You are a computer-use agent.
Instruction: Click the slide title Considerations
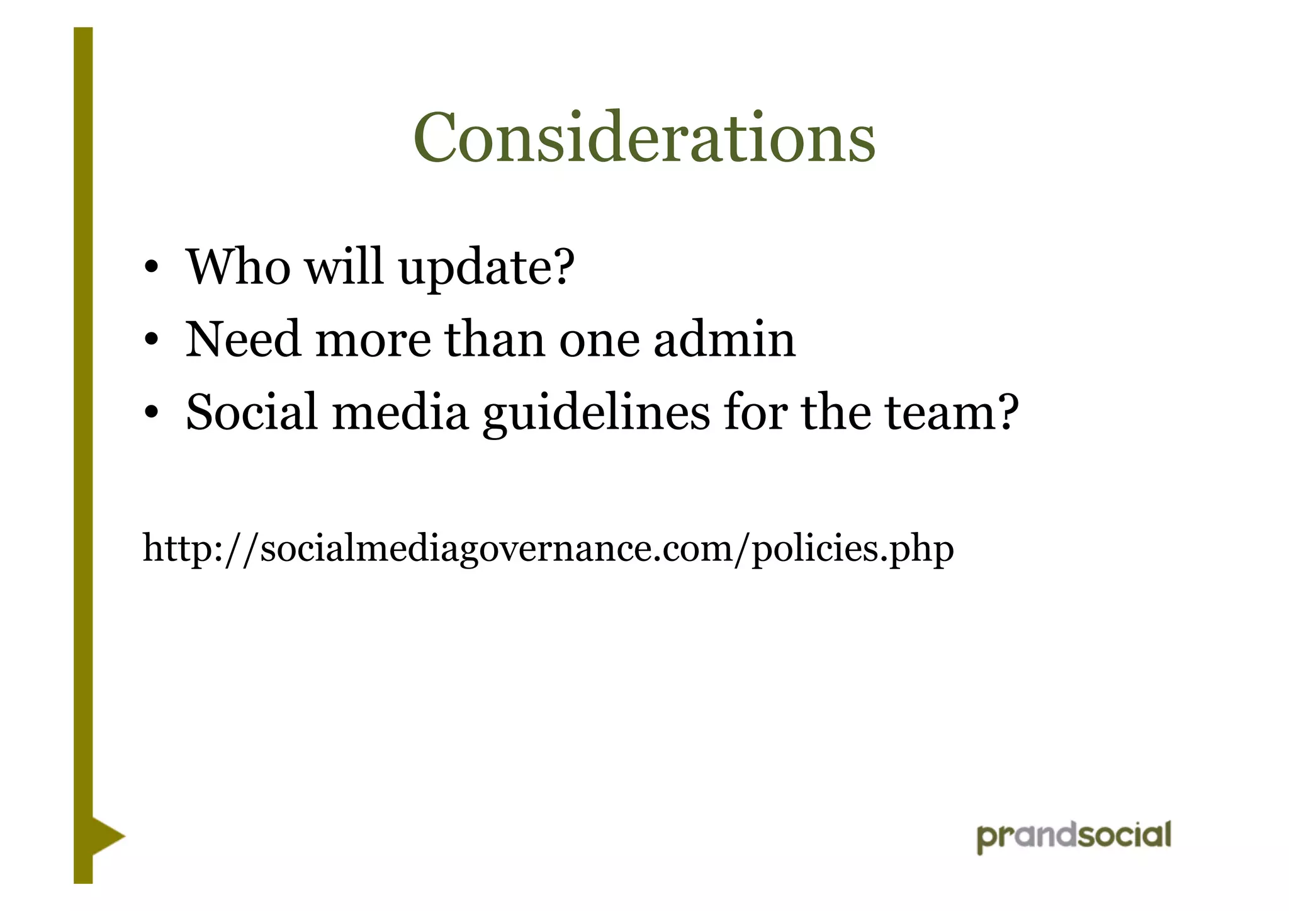pyautogui.click(x=644, y=138)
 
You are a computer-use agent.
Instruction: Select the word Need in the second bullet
pyautogui.click(x=243, y=339)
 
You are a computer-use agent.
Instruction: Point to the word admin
pyautogui.click(x=724, y=339)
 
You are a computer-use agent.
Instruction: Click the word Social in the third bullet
pyautogui.click(x=252, y=412)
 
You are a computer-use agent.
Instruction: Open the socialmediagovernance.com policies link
pyautogui.click(x=548, y=548)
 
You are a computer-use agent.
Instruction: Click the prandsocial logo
pyautogui.click(x=1074, y=837)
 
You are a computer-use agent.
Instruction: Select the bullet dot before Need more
pyautogui.click(x=150, y=341)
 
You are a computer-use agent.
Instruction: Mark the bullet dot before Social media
pyautogui.click(x=150, y=414)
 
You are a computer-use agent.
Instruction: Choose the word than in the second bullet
pyautogui.click(x=495, y=339)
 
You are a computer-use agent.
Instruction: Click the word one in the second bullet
pyautogui.click(x=599, y=341)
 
